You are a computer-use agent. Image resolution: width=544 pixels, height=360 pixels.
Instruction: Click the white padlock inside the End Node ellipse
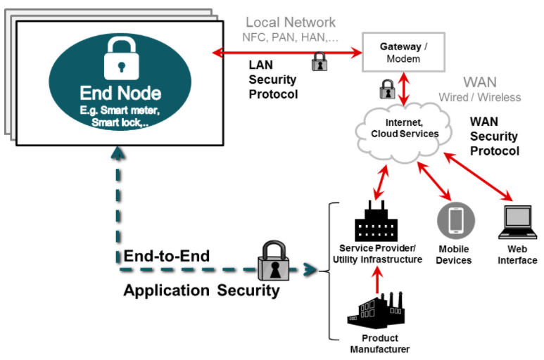(122, 58)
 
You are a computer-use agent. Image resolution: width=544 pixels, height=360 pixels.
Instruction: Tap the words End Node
(120, 94)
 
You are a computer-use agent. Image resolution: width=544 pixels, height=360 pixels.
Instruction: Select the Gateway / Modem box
(403, 52)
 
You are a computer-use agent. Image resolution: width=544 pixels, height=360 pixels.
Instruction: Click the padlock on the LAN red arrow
(320, 62)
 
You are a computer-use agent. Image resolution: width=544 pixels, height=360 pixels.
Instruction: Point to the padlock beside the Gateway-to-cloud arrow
(387, 89)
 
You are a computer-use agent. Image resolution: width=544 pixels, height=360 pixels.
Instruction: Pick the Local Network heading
(291, 22)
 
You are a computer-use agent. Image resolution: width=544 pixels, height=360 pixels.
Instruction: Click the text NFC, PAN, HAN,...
(290, 37)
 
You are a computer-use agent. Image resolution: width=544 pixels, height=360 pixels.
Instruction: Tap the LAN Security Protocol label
(273, 79)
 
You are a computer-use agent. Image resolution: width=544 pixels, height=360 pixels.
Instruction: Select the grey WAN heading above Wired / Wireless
(480, 82)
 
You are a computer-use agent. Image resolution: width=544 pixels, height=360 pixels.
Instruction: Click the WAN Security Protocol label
(495, 136)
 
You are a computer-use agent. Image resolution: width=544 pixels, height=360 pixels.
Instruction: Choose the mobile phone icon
(456, 221)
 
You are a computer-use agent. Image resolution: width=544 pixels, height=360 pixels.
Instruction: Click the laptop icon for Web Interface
(518, 222)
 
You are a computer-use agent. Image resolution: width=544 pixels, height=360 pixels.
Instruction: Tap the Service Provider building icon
(376, 221)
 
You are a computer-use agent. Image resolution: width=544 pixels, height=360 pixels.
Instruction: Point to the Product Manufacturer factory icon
(376, 311)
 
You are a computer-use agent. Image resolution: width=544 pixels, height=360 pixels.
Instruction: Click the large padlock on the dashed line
(274, 261)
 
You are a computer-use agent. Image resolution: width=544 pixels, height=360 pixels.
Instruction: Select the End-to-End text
(167, 257)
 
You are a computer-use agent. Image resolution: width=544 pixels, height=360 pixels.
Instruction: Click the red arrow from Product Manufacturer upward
(377, 280)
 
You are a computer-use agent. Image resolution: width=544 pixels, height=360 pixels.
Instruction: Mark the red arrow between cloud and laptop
(478, 176)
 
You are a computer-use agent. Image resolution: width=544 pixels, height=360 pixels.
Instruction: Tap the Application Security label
(201, 290)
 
